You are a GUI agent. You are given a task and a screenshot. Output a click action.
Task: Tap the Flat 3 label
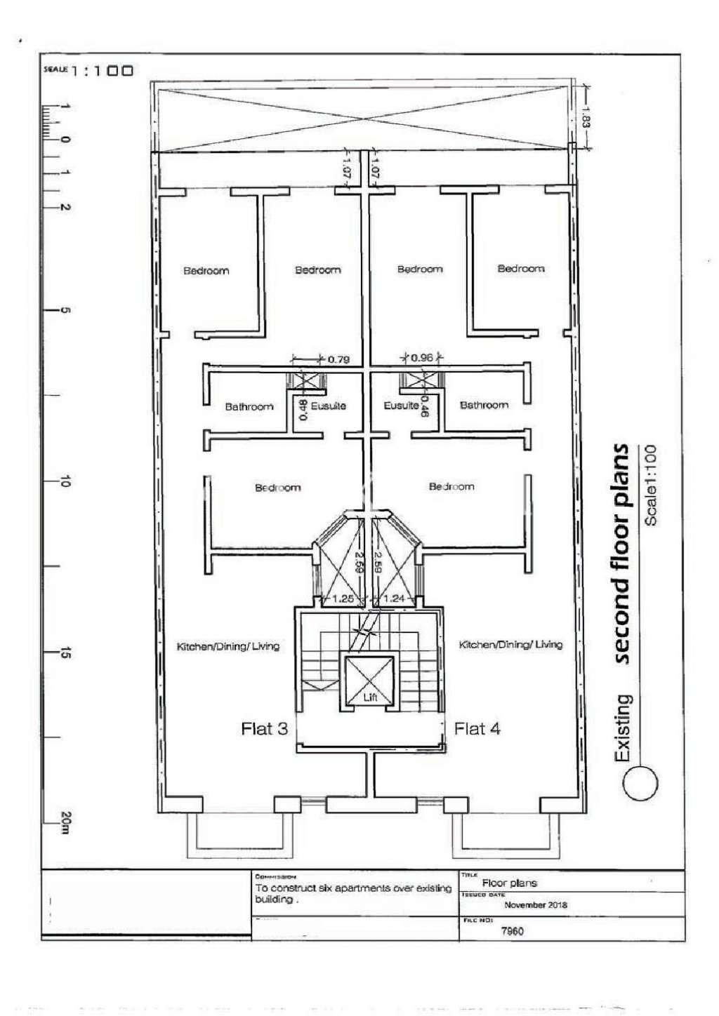click(x=264, y=729)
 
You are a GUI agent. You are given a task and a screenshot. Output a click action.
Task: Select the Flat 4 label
click(x=477, y=729)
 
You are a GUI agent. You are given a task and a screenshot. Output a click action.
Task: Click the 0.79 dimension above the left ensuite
click(x=338, y=360)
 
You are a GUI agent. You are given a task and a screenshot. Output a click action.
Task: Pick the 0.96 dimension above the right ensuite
click(x=422, y=358)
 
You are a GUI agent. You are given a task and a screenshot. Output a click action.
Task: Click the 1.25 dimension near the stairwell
click(x=343, y=599)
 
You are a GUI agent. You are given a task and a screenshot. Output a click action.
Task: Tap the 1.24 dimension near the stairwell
click(x=394, y=599)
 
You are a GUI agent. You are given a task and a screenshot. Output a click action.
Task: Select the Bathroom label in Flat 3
click(x=249, y=407)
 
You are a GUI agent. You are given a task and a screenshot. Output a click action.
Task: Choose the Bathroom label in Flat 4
click(x=484, y=405)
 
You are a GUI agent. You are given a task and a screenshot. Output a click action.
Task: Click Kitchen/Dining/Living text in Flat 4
click(x=510, y=645)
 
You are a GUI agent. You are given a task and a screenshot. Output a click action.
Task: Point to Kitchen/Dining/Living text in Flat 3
click(x=228, y=646)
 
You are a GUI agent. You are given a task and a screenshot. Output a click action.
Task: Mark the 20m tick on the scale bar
click(x=65, y=822)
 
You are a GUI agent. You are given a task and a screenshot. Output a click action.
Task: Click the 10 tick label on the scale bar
click(x=65, y=481)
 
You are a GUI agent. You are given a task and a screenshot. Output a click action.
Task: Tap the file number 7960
click(x=512, y=931)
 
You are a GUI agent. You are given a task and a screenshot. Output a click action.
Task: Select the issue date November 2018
click(x=535, y=905)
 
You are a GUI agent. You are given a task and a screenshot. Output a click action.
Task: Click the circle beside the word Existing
click(x=640, y=782)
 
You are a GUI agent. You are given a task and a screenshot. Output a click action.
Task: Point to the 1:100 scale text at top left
click(x=102, y=71)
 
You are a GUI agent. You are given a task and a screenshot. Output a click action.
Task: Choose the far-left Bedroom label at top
click(x=206, y=271)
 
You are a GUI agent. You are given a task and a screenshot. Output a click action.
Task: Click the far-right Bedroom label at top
click(x=520, y=269)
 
